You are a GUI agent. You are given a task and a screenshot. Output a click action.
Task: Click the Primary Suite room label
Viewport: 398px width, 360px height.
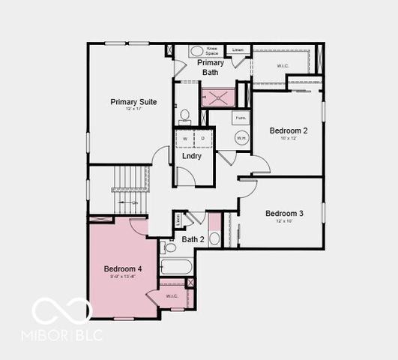pos(133,101)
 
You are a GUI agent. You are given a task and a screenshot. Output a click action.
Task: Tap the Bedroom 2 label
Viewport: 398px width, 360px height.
pos(289,130)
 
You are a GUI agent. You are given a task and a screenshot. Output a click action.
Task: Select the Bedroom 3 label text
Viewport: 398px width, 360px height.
pos(284,213)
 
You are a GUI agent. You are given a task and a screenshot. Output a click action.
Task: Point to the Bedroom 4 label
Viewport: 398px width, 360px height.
pos(123,268)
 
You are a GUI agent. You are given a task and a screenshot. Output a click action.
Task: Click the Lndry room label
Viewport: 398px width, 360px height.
pos(192,156)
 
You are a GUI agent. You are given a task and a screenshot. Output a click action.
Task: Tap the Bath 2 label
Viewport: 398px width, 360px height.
pos(193,239)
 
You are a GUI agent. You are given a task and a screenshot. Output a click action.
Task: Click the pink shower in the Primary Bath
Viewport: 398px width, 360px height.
pos(217,97)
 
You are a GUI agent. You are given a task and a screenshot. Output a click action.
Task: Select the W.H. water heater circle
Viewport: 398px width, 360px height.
pos(241,138)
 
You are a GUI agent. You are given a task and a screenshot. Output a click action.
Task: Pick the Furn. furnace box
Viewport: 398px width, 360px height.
pos(241,118)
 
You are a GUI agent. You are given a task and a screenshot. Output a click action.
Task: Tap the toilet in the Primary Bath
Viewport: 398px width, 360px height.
pos(184,115)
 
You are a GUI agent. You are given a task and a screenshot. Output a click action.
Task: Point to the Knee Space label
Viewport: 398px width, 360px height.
pos(212,51)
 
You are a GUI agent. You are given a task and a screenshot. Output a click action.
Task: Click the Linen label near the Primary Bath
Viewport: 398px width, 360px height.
pos(238,50)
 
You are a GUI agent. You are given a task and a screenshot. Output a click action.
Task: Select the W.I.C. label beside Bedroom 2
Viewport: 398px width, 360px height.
pos(283,65)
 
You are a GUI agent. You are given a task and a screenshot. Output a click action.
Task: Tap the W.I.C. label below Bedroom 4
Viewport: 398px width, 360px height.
pos(172,295)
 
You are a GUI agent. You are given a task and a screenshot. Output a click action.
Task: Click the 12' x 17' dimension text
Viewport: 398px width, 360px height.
pos(133,110)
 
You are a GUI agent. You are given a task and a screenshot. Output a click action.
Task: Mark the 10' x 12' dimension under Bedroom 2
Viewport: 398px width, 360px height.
pos(289,138)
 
